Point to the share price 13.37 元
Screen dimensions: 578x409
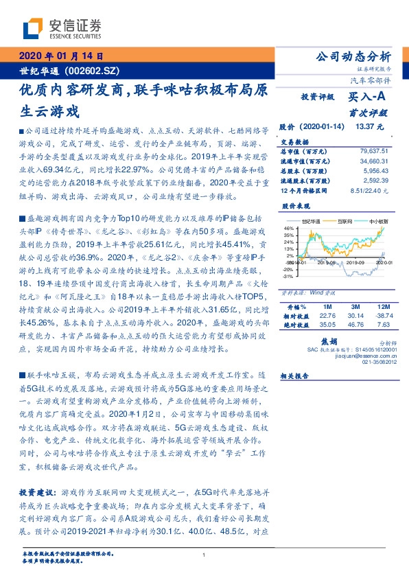369,126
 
